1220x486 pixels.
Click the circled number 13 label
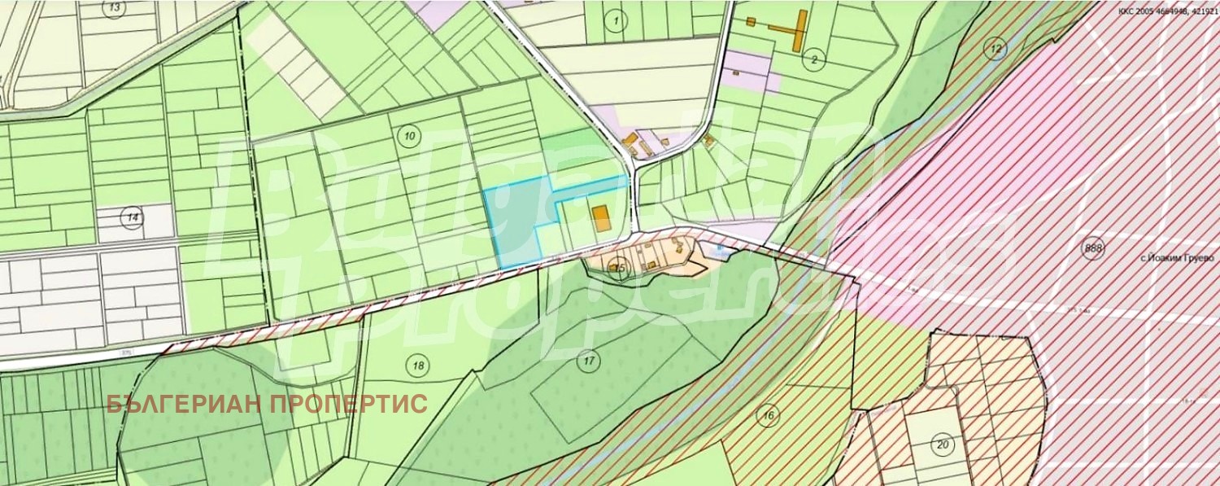click(x=115, y=8)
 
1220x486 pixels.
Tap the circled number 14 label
click(x=131, y=217)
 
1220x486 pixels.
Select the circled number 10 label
click(x=410, y=136)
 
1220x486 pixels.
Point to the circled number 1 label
click(x=617, y=21)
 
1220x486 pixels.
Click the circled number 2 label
click(x=813, y=59)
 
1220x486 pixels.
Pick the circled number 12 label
click(x=996, y=48)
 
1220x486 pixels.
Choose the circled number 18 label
click(x=419, y=366)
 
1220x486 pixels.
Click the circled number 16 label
click(x=767, y=415)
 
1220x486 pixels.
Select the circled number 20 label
click(x=943, y=444)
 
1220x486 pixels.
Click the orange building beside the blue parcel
click(x=600, y=217)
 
